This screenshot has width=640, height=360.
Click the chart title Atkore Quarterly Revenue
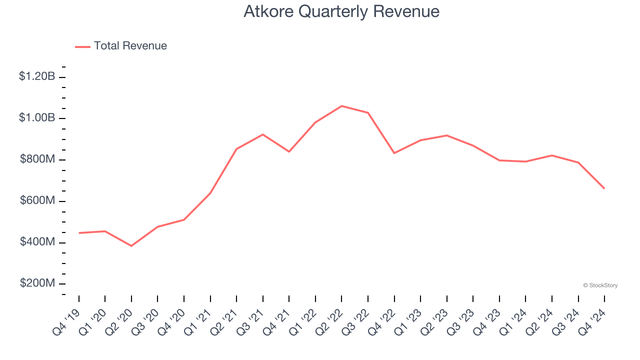[341, 11]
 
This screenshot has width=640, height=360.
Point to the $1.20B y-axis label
[37, 76]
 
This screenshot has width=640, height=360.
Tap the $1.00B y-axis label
[37, 118]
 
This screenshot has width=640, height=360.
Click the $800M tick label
[37, 159]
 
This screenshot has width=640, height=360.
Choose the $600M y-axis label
[37, 200]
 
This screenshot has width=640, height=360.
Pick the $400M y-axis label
[37, 242]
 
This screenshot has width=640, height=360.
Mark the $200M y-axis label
[37, 283]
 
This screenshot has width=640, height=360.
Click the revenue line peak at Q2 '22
[341, 106]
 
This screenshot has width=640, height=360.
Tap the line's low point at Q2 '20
[131, 246]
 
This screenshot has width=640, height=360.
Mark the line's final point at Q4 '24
[604, 188]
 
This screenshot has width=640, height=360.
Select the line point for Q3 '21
[262, 134]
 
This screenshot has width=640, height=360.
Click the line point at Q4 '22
[394, 153]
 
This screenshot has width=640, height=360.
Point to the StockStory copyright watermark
[600, 285]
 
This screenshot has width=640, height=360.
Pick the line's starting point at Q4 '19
[79, 233]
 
